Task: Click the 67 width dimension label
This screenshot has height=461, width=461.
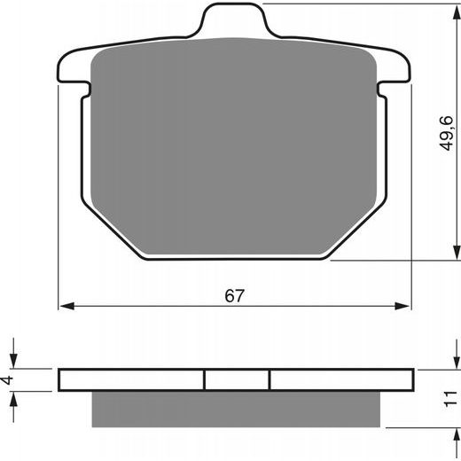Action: tap(235, 296)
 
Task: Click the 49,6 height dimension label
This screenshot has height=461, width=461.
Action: tap(446, 133)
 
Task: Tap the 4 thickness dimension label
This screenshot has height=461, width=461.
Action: tap(7, 379)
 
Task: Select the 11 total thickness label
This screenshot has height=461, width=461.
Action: tap(449, 399)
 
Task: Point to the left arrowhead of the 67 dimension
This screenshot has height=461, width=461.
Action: tap(66, 306)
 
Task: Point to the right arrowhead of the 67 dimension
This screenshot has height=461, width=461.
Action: tap(402, 306)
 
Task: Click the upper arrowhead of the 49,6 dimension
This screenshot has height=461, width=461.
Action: tap(457, 12)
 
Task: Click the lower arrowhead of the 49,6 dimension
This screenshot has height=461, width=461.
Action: tap(457, 253)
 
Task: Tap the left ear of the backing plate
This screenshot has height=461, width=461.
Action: tap(73, 68)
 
